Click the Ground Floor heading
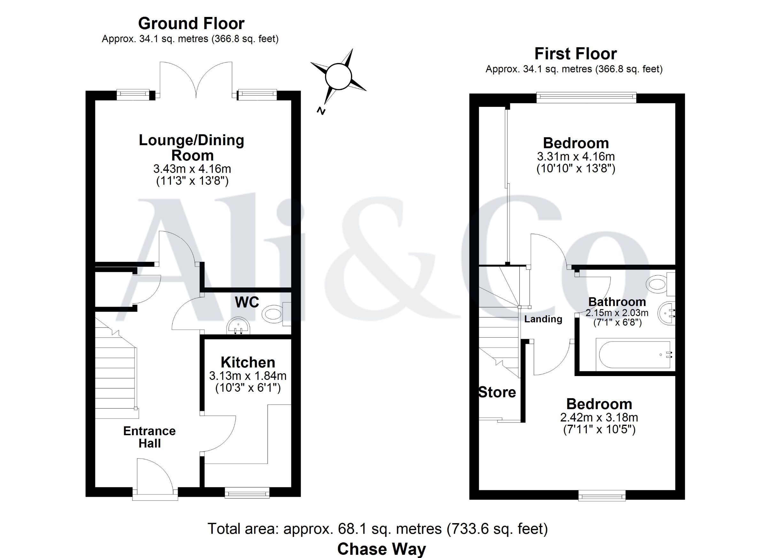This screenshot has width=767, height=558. click(191, 24)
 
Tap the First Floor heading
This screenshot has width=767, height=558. click(576, 54)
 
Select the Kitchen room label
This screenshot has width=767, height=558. click(248, 362)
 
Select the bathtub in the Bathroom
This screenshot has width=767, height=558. click(635, 355)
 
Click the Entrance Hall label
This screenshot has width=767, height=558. click(150, 437)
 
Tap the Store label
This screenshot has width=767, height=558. click(497, 392)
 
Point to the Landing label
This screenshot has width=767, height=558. click(543, 319)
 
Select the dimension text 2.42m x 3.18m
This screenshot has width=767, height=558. click(599, 417)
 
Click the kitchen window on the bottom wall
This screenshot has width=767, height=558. click(247, 492)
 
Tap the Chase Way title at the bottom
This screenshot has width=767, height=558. click(382, 549)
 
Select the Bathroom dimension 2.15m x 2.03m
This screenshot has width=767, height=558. click(617, 313)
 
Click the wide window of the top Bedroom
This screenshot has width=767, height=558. click(586, 98)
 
